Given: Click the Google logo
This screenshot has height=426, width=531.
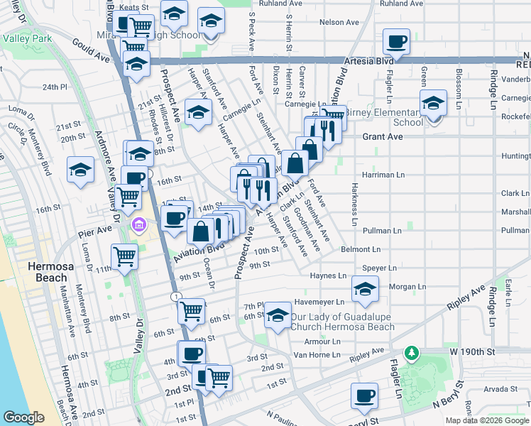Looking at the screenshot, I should click(x=23, y=417).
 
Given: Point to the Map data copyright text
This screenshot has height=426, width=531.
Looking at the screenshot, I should click(x=488, y=420).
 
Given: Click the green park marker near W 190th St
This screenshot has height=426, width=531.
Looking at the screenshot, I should click(x=410, y=352).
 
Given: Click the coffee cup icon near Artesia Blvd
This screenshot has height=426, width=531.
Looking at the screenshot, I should click(x=398, y=42).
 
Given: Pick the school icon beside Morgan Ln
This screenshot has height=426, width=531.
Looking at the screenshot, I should click(x=365, y=288).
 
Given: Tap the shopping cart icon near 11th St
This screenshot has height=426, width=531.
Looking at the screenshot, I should click(x=125, y=256).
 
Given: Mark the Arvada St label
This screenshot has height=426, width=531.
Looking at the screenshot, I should click(x=501, y=388).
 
